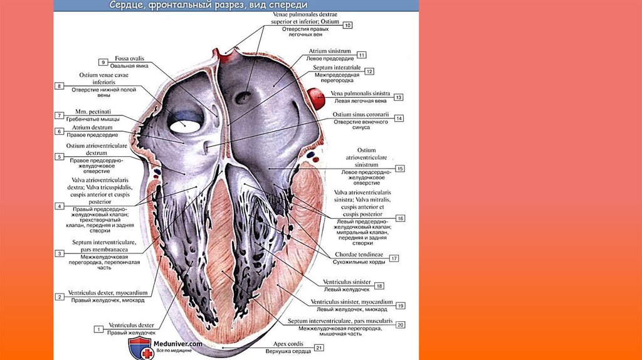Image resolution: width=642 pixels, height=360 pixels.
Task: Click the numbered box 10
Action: (347, 25)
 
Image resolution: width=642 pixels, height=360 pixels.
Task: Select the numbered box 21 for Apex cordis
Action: (319, 347)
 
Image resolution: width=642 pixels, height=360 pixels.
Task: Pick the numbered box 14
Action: (399, 119)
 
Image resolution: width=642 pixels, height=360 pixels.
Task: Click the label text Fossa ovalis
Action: (127, 58)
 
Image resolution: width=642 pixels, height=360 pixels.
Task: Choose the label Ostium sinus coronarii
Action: (360, 115)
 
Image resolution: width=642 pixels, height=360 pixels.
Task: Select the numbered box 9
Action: (103, 61)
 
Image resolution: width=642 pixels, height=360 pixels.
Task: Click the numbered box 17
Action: (394, 258)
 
